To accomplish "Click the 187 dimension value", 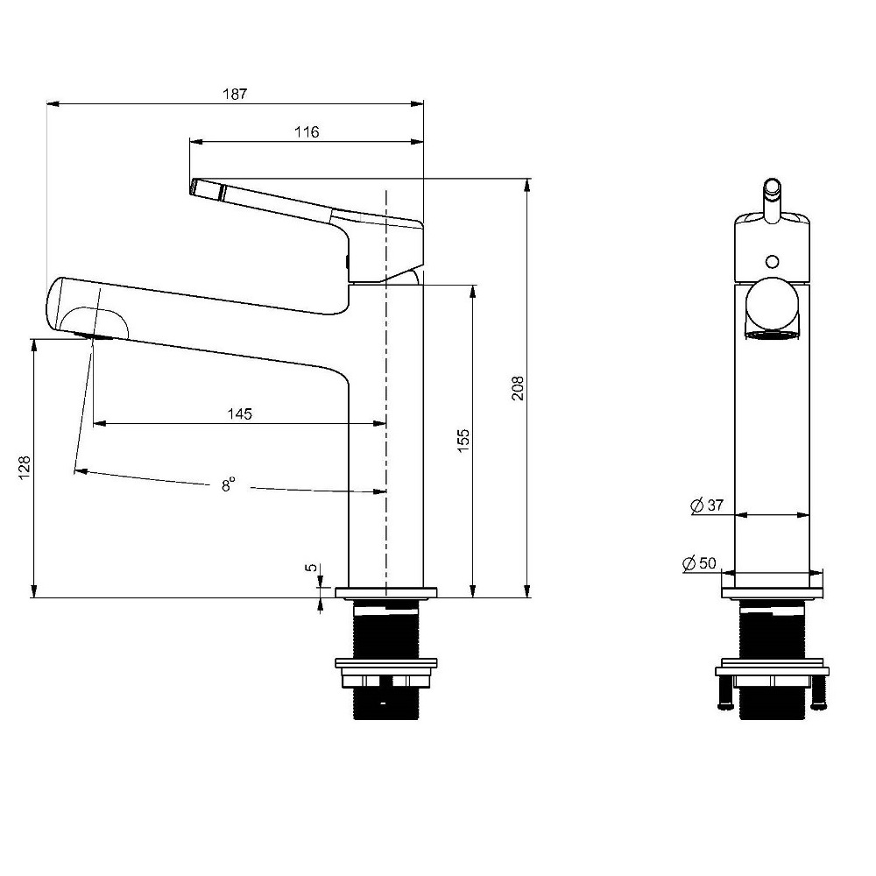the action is (235, 94).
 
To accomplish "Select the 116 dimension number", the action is (307, 132).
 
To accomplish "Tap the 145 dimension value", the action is (240, 414).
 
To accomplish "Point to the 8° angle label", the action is (228, 484).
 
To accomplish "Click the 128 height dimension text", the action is (25, 468).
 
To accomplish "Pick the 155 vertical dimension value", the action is (463, 441).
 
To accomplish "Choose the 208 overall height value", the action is (518, 388).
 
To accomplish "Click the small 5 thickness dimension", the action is (311, 568).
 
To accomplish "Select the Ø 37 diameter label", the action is (707, 506).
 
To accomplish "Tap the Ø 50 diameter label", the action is (699, 563).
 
